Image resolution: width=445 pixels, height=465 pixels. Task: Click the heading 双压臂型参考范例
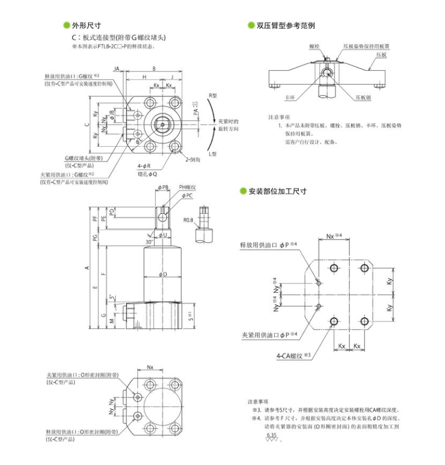[x=285, y=25]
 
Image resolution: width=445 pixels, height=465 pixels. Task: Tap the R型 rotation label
[x=213, y=96]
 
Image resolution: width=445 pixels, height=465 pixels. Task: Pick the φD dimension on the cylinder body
[x=162, y=275]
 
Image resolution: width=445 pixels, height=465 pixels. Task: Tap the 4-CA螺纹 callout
[x=292, y=356]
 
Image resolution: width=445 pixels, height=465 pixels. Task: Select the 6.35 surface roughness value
[x=272, y=436]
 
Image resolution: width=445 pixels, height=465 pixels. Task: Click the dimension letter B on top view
[x=154, y=69]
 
